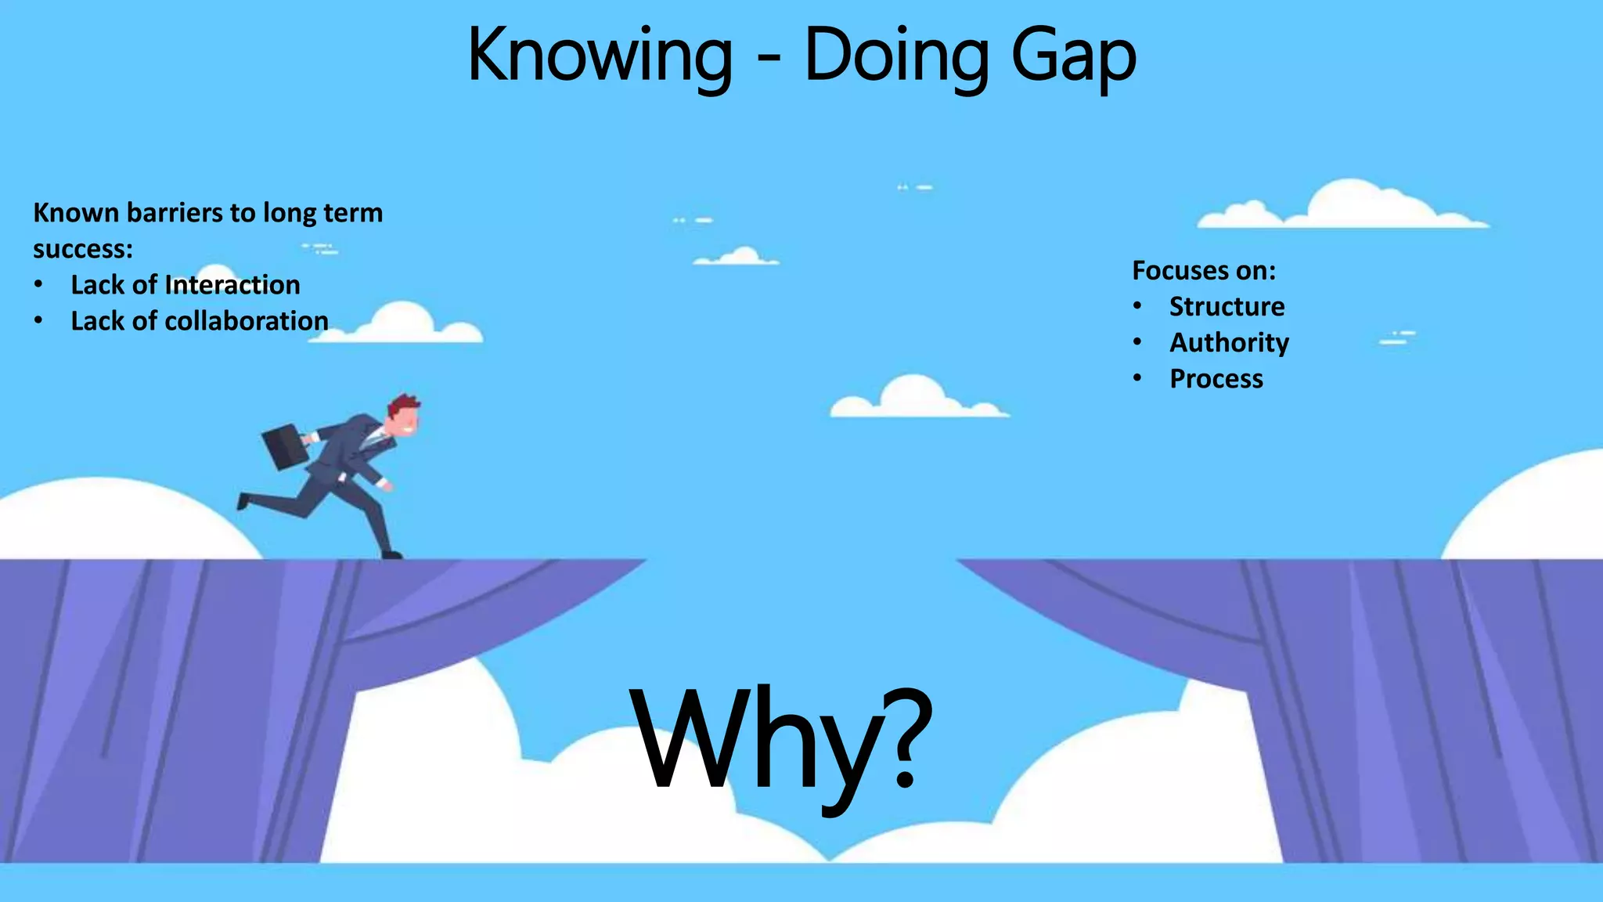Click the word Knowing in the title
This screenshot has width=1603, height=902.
click(600, 55)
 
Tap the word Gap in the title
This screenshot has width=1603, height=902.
click(1073, 55)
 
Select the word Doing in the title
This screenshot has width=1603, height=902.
click(895, 55)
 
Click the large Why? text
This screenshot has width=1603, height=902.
click(783, 740)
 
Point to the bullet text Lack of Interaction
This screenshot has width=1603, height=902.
click(185, 285)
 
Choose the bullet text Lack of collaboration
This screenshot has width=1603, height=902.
click(199, 321)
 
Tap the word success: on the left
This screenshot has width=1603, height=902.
click(83, 249)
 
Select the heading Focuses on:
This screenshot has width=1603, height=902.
click(1203, 270)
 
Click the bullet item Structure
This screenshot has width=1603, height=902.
click(1227, 306)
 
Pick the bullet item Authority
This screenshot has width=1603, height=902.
click(1229, 342)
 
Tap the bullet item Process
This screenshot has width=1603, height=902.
click(1216, 379)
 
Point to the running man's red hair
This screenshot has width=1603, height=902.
click(403, 404)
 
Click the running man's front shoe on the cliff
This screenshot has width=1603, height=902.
click(391, 554)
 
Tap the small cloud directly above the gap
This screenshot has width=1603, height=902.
click(916, 397)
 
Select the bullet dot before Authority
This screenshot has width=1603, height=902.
click(1137, 342)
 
